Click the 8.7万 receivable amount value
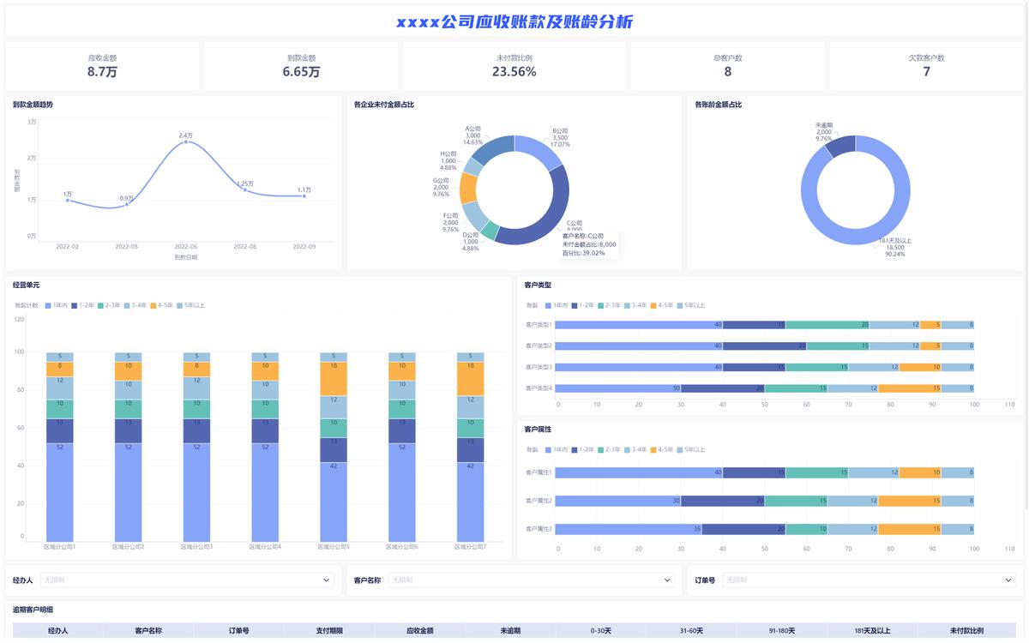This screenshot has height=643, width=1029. (102, 72)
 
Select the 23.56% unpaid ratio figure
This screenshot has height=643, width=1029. (514, 72)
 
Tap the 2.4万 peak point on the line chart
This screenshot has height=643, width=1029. (186, 141)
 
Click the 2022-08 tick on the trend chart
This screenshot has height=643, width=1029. (244, 246)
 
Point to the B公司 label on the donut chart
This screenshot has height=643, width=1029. (560, 131)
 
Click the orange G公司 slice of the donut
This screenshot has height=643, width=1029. (467, 188)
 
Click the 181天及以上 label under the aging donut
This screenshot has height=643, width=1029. (895, 241)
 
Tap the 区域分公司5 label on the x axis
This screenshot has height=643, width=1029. (334, 546)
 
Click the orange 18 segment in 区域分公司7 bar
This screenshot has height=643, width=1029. (471, 378)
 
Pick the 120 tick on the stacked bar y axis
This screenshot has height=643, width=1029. (19, 319)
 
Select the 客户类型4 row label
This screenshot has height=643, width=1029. (539, 388)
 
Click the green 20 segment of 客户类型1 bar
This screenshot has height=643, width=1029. (827, 325)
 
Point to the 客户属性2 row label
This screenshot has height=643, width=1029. (539, 501)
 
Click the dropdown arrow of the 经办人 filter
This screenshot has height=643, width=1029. (326, 580)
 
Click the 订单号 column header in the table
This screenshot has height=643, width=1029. (238, 631)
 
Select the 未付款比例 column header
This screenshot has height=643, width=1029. (966, 631)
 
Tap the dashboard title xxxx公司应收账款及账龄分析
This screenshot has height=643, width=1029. (514, 22)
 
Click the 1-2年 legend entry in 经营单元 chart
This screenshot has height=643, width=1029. (82, 305)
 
